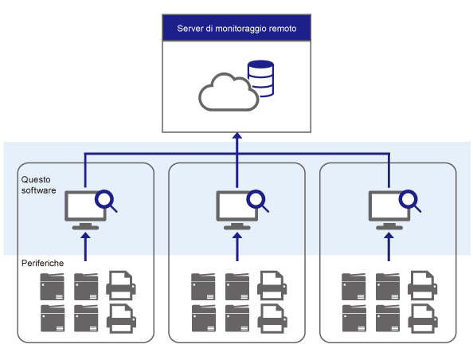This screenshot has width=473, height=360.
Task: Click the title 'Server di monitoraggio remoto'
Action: pyautogui.click(x=236, y=29)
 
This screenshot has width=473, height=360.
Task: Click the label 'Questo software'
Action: pyautogui.click(x=38, y=185)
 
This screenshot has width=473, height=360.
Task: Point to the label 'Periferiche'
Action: pyautogui.click(x=42, y=263)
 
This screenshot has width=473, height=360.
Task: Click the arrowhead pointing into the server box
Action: pyautogui.click(x=237, y=135)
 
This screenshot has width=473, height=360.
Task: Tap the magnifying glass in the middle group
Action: pyautogui.click(x=257, y=200)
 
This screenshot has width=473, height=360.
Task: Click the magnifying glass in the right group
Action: pyautogui.click(x=409, y=200)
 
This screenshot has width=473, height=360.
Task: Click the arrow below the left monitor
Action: pyautogui.click(x=86, y=247)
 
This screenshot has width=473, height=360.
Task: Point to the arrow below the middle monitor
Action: pyautogui.click(x=237, y=247)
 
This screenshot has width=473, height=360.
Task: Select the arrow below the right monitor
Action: pyautogui.click(x=389, y=247)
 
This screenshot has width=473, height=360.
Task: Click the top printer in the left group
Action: pyautogui.click(x=121, y=285)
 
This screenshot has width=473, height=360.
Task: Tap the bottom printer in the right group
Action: pyautogui.click(x=423, y=319)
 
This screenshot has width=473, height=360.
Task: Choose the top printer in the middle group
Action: pyautogui.click(x=272, y=285)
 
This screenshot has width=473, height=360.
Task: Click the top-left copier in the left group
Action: pyautogui.click(x=53, y=287)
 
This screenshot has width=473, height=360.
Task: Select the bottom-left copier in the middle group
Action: pyautogui.click(x=204, y=318)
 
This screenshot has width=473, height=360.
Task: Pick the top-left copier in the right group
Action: pyautogui.click(x=354, y=287)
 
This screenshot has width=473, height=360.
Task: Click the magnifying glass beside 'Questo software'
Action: pyautogui.click(x=106, y=200)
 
